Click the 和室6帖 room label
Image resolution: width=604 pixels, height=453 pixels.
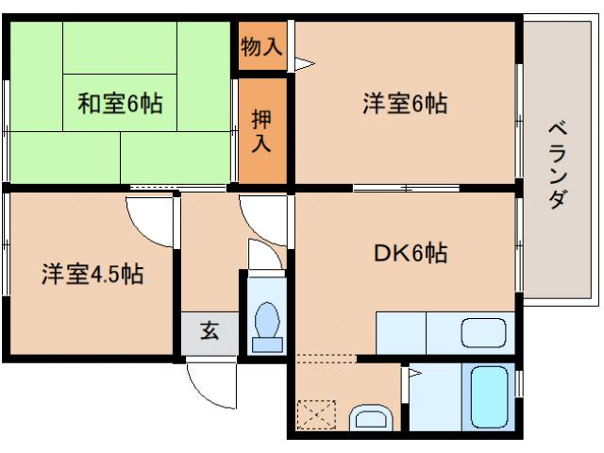pos(120,102)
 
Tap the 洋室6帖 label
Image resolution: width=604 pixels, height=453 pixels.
pos(404,103)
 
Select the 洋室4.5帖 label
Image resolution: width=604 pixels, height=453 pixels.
pos(92,275)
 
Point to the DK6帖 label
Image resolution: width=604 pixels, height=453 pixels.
pos(410,253)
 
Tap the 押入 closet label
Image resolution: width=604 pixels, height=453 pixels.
pos(261,132)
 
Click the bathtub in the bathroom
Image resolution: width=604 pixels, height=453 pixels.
pos(489,399)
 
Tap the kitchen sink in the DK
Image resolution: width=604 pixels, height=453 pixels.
pos(483,333)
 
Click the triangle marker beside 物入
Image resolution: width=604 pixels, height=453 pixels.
pos(303,64)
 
